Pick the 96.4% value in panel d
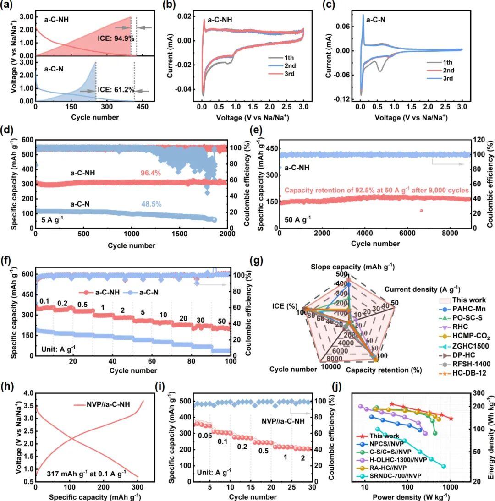click(151, 173)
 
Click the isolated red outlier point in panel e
click(421, 211)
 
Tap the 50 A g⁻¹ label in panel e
click(297, 218)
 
